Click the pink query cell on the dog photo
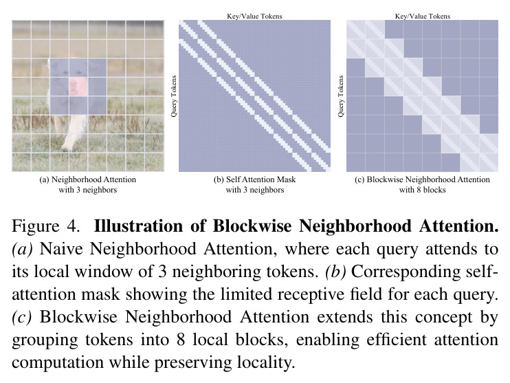pyautogui.click(x=78, y=87)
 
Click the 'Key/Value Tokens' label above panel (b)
pyautogui.click(x=254, y=16)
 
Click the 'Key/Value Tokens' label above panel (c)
pyautogui.click(x=423, y=16)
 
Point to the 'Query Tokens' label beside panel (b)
pyautogui.click(x=174, y=96)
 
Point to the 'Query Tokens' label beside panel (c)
pyautogui.click(x=340, y=96)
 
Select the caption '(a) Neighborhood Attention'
pyautogui.click(x=87, y=179)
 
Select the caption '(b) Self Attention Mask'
pyautogui.click(x=255, y=179)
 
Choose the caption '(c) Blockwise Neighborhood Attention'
pyautogui.click(x=422, y=179)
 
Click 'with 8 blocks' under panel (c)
pyautogui.click(x=422, y=190)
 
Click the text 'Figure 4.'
pyautogui.click(x=45, y=226)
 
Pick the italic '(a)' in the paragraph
pyautogui.click(x=23, y=249)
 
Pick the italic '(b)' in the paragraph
pyautogui.click(x=335, y=272)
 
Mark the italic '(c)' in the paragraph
pyautogui.click(x=22, y=317)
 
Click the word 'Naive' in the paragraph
pyautogui.click(x=61, y=249)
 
